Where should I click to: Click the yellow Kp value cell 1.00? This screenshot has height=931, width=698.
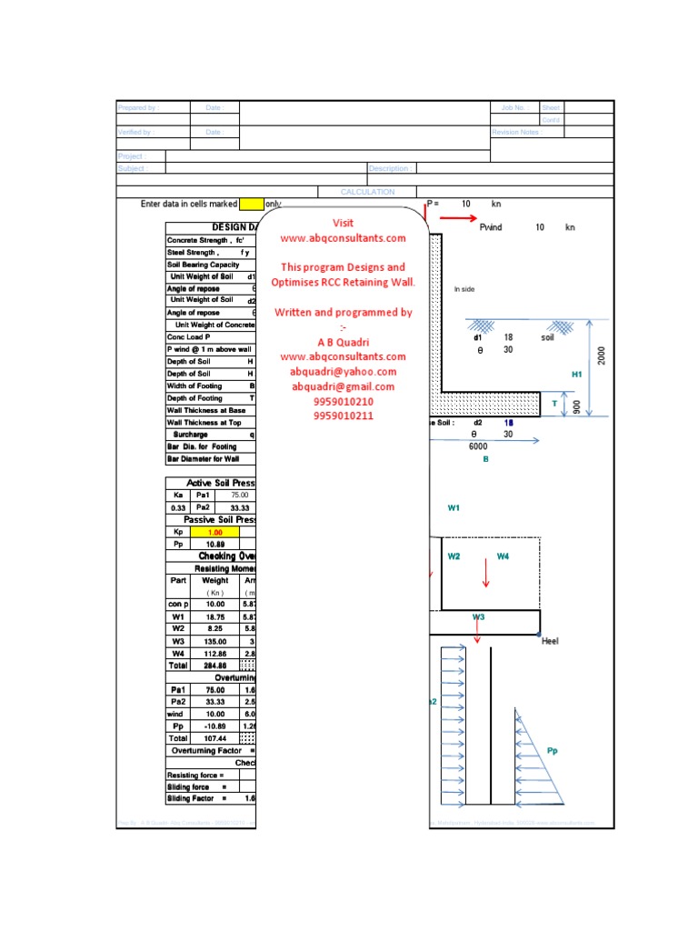(x=215, y=532)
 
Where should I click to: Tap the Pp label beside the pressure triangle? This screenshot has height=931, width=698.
(x=553, y=751)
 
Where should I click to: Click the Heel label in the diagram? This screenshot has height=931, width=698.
(x=550, y=642)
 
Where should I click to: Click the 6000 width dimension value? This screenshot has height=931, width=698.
(x=478, y=446)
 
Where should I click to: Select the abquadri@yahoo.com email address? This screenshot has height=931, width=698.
(x=344, y=372)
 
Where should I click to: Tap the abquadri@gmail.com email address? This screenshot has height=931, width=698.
(x=344, y=386)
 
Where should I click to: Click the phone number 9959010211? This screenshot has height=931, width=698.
(x=343, y=416)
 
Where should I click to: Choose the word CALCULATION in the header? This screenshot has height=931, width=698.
(x=367, y=192)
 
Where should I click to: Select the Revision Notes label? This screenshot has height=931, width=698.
(x=516, y=132)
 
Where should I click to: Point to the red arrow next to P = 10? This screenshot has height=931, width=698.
(x=452, y=218)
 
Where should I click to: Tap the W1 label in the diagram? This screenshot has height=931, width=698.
(x=454, y=509)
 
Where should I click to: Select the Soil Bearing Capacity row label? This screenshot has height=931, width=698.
(x=203, y=265)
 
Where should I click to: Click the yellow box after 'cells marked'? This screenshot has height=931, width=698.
(x=251, y=205)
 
